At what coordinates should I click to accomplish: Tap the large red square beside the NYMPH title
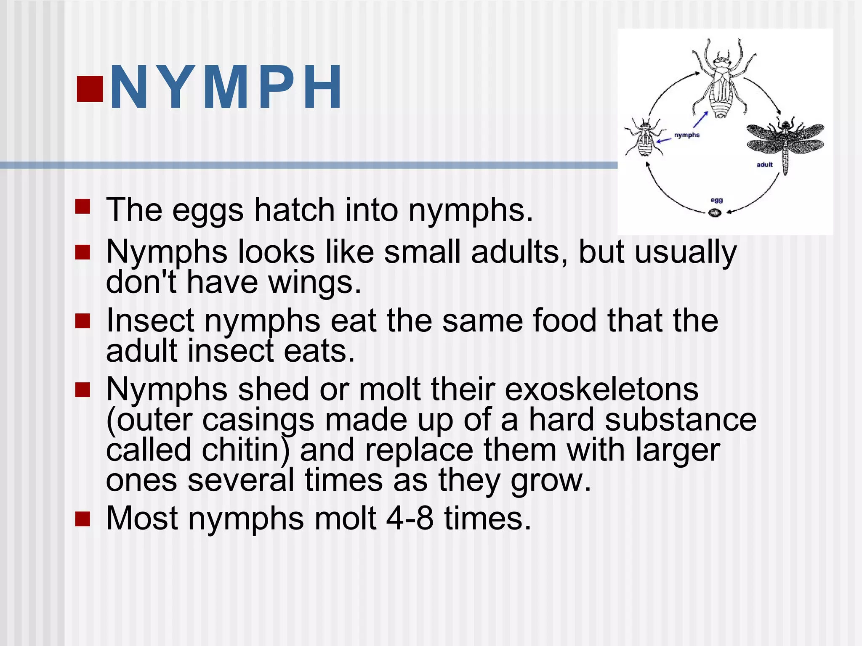(90, 89)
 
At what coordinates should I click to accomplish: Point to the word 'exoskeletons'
(601, 389)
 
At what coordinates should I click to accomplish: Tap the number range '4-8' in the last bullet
(410, 519)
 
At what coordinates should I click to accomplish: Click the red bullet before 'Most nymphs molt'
(83, 519)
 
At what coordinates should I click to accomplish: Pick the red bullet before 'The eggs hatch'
(83, 207)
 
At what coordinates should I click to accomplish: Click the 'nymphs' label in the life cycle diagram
(686, 135)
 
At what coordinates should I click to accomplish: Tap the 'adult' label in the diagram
(764, 165)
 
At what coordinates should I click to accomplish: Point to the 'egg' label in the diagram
(716, 200)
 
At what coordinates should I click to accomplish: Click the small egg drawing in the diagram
(715, 213)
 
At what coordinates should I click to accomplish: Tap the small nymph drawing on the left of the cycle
(644, 137)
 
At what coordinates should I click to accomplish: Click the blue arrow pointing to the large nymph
(701, 119)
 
